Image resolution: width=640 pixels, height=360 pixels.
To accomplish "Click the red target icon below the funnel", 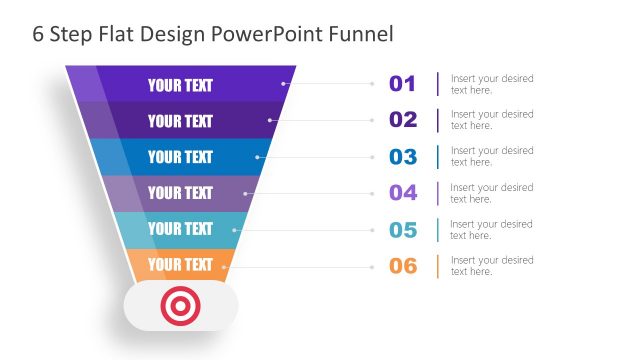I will (x=180, y=306).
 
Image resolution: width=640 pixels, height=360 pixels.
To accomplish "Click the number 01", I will (x=402, y=84).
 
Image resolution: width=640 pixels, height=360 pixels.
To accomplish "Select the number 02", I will (x=402, y=120).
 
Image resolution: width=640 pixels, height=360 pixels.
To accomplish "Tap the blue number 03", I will (x=402, y=157).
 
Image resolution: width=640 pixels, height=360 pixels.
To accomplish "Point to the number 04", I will (x=402, y=193).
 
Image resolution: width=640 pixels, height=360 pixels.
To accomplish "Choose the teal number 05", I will (x=402, y=230).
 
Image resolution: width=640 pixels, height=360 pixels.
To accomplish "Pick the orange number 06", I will (x=402, y=266).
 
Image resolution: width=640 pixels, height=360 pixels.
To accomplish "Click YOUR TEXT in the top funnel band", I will (x=180, y=85).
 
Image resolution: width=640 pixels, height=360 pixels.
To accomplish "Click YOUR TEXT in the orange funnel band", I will (x=180, y=265).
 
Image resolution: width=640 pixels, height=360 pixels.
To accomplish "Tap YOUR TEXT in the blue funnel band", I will (x=180, y=157).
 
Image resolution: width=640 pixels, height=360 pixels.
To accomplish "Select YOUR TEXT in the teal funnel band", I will (x=180, y=229).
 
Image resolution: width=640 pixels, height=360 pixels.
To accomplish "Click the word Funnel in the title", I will (x=360, y=34).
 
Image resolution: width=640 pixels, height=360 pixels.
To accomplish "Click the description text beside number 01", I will (x=491, y=84).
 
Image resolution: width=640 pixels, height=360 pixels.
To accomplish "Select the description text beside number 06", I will (x=491, y=266).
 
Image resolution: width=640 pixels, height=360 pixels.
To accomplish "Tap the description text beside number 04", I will (x=491, y=193).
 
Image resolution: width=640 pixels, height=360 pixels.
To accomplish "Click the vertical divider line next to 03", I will (x=437, y=157).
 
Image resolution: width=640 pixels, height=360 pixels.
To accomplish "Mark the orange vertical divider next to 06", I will (x=437, y=266).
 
